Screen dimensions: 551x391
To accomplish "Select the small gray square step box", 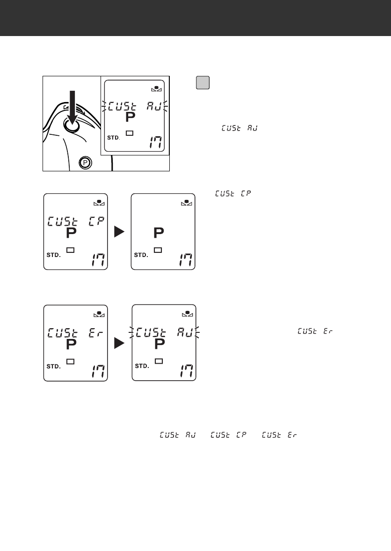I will click(202, 82).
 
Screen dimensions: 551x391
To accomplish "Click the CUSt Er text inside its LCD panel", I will click(76, 333).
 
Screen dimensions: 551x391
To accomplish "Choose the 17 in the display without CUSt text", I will click(185, 260).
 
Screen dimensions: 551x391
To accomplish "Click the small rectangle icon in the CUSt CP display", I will click(71, 250).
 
